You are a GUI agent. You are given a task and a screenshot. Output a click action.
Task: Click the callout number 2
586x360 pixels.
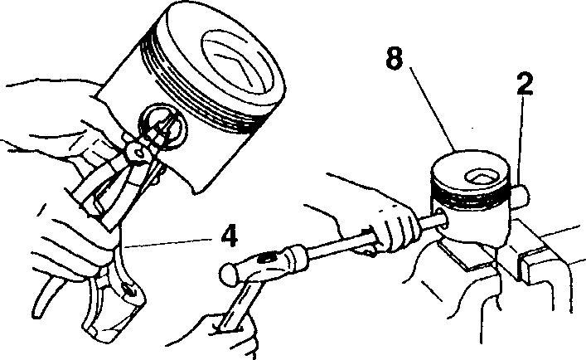click(525, 84)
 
